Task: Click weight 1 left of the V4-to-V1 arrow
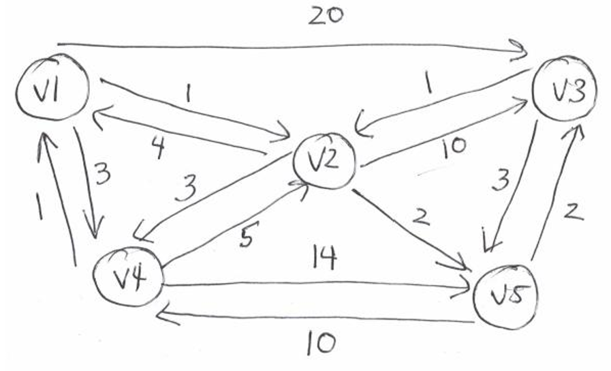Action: [40, 204]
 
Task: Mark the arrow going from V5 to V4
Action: [313, 316]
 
